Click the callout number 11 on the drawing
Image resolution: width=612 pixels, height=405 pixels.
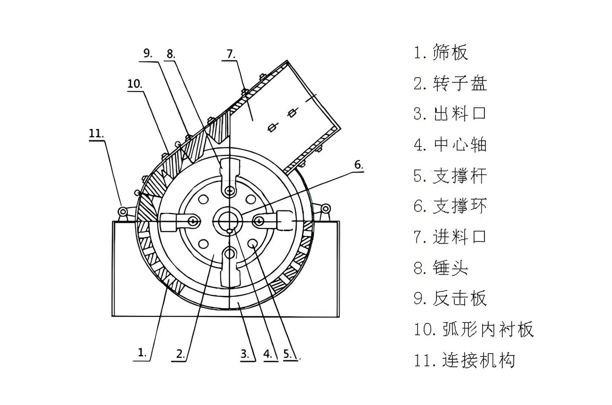pos(96,133)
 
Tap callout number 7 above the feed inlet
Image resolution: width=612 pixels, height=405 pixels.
pos(231,54)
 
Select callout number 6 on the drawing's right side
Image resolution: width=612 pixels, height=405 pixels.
pos(359,165)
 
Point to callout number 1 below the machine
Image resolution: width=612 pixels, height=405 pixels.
pos(142,352)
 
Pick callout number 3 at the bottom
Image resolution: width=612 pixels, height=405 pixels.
pos(245,354)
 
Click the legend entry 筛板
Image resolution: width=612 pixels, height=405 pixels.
pos(450,52)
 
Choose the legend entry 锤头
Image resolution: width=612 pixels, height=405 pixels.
pos(450,267)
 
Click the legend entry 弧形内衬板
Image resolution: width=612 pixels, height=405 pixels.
pos(488,330)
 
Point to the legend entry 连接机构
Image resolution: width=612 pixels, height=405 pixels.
pos(479,360)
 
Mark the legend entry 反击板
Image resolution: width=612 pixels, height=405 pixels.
pos(460,298)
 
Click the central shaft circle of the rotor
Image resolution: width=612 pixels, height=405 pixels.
pos(227,221)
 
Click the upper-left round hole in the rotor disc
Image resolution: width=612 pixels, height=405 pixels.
pos(203,199)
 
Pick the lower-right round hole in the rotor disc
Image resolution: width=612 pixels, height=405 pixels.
pos(252,243)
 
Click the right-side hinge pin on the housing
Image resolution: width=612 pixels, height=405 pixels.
pos(326,209)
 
